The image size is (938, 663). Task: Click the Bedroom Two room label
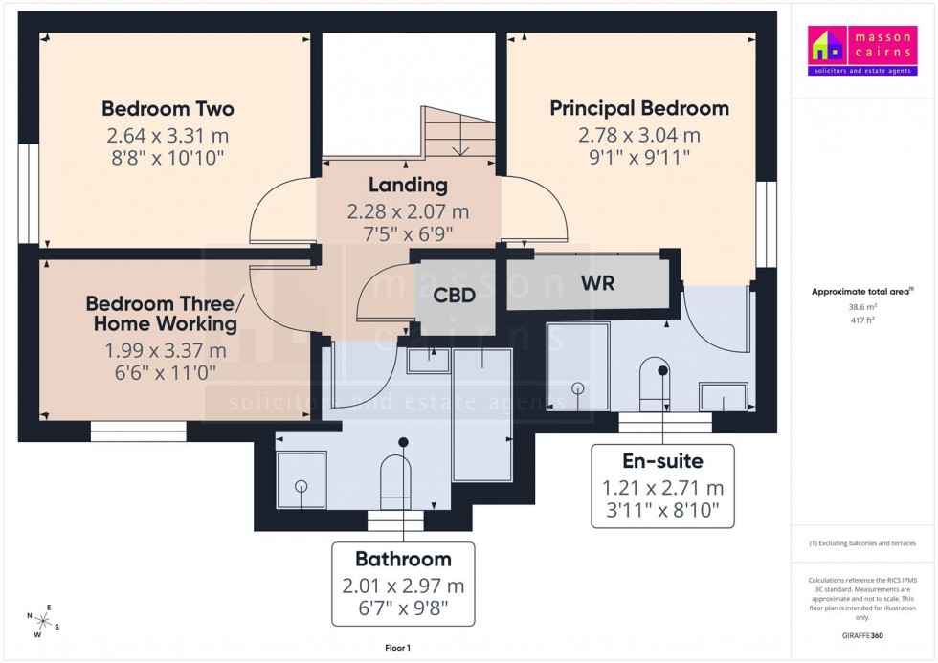coord(167,109)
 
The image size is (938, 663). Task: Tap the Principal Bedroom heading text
coord(638,108)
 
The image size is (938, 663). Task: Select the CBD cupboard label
coord(454,296)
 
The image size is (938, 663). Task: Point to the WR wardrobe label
coord(596,283)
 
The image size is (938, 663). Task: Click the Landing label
coord(408,185)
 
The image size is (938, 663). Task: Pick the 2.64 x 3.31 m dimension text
coord(167,136)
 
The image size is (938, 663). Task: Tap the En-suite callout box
coord(662,486)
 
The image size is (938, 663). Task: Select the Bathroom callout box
coord(403,584)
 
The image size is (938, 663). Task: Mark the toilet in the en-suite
coord(656,382)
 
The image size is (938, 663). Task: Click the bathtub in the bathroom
coord(481,413)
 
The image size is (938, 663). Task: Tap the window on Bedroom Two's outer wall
coord(29,193)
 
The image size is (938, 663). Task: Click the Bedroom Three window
coord(138,432)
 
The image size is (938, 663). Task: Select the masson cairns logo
coord(862,51)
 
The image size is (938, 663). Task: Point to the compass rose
coord(44,620)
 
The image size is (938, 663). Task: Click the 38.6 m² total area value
coord(863,307)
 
